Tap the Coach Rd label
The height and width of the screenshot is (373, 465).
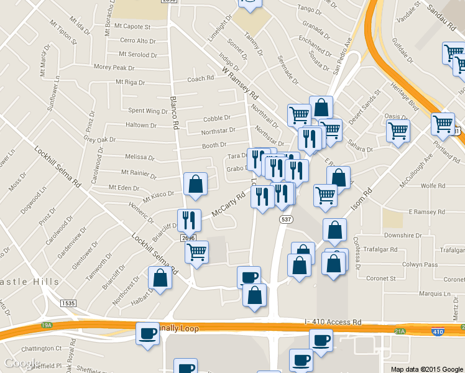(200, 79)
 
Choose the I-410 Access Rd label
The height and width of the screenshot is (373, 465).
(333, 322)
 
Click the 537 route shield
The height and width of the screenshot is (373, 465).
(286, 220)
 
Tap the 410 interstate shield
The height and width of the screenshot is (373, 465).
(438, 332)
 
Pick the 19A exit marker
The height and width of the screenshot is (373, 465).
(47, 325)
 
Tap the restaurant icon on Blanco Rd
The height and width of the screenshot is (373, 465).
(189, 219)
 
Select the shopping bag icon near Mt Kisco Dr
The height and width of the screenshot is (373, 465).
(196, 184)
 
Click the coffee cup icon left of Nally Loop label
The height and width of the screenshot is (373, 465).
(147, 333)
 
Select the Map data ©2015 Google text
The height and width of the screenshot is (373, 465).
(427, 369)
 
